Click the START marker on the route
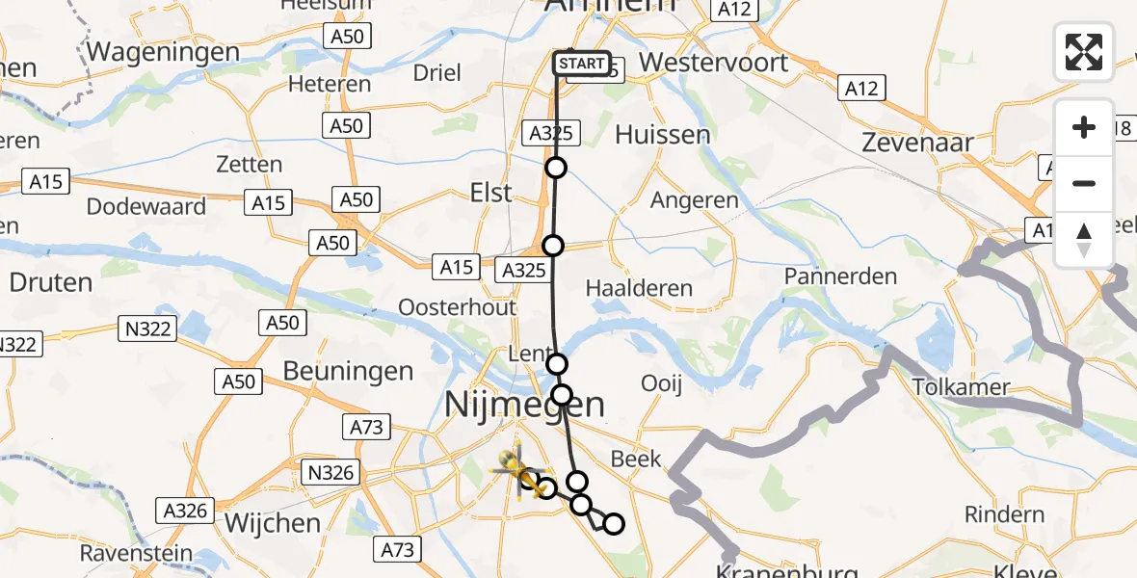point(582,65)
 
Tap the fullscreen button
point(1084,52)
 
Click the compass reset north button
point(1084,240)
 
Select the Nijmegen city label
point(526,405)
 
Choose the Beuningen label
point(349,371)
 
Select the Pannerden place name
point(840,276)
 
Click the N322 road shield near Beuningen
point(147,329)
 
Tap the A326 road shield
point(185,510)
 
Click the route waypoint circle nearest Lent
point(557,364)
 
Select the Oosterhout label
point(459,307)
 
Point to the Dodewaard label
point(146,206)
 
